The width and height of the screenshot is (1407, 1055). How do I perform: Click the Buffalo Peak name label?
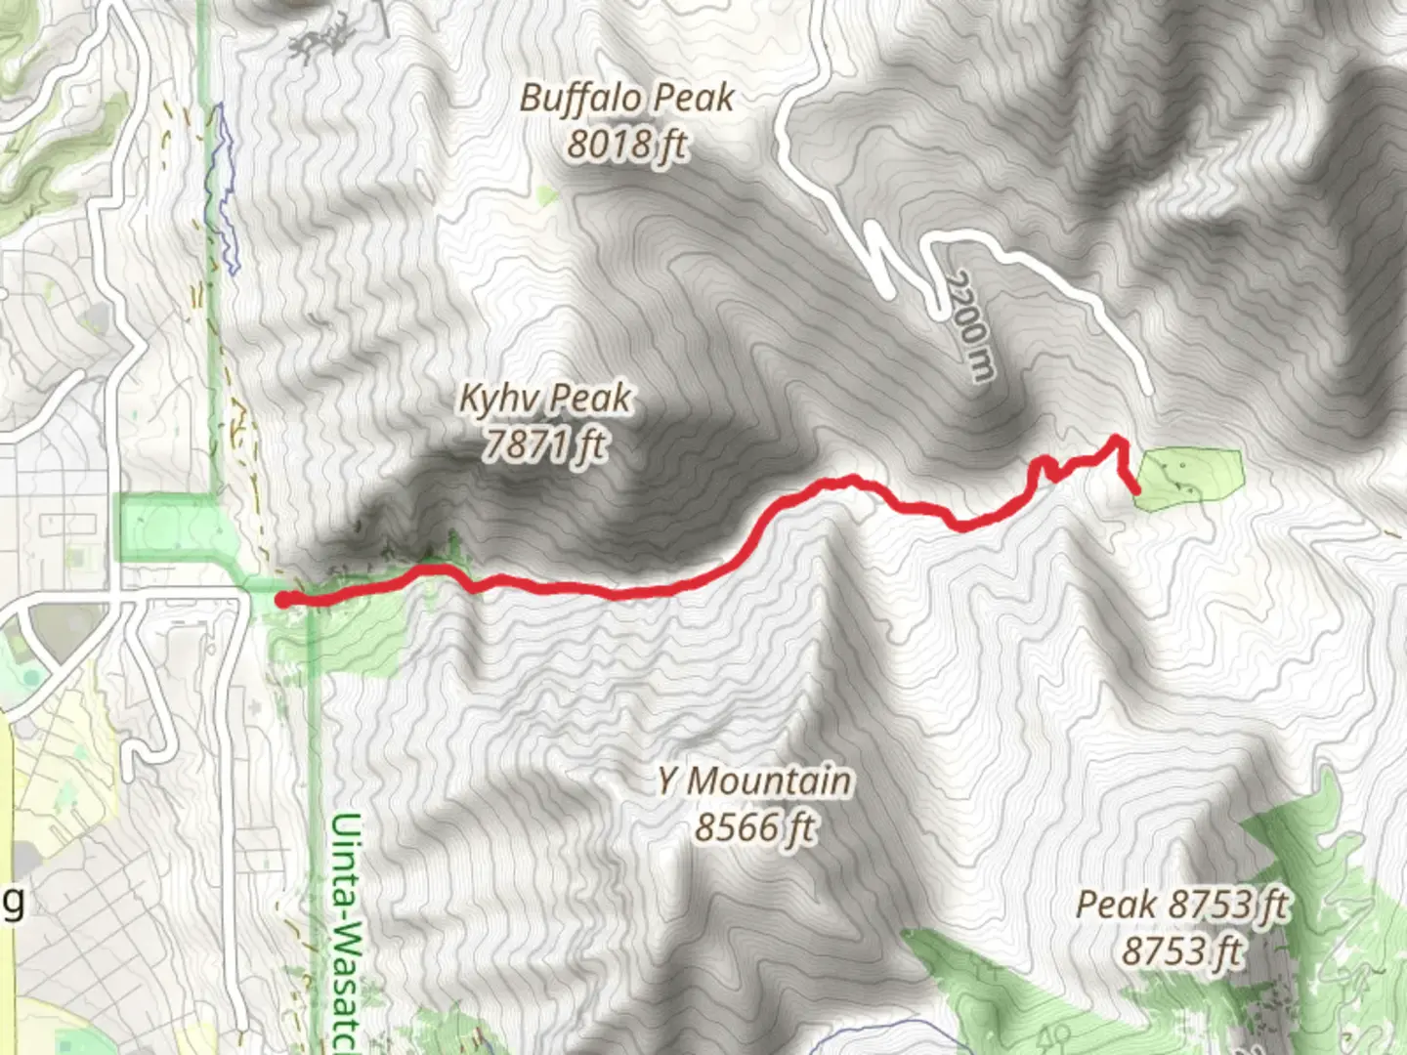pyautogui.click(x=626, y=98)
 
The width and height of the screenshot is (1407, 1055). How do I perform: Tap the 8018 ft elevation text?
pyautogui.click(x=626, y=145)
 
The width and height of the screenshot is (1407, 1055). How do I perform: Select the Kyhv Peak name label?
pyautogui.click(x=545, y=399)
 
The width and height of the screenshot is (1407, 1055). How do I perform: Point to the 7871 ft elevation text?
pyautogui.click(x=545, y=445)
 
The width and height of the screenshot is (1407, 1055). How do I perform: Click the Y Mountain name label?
pyautogui.click(x=753, y=781)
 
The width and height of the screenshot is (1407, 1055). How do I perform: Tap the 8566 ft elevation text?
pyautogui.click(x=753, y=828)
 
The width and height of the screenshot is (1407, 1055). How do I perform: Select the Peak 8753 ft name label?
pyautogui.click(x=1182, y=905)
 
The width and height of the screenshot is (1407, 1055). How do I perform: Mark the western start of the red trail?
pyautogui.click(x=281, y=600)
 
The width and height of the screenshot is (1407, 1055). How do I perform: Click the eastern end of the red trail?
pyautogui.click(x=1136, y=490)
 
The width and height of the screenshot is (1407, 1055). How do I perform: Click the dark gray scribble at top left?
pyautogui.click(x=322, y=39)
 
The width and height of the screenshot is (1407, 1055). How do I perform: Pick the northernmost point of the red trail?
pyautogui.click(x=1117, y=441)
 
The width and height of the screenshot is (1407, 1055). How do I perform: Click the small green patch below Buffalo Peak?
pyautogui.click(x=547, y=195)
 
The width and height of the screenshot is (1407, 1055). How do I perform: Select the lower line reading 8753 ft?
pyautogui.click(x=1182, y=950)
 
